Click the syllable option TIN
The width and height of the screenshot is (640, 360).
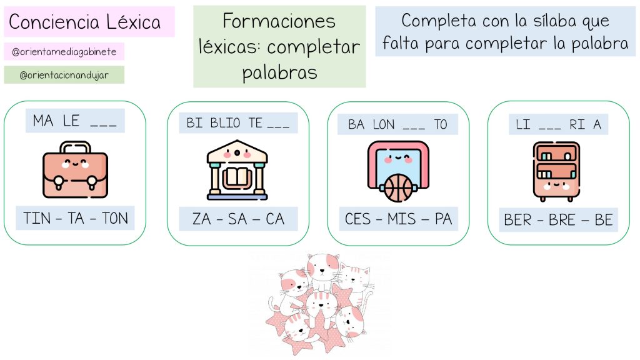point(37,218)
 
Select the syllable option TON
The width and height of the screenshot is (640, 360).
point(114,218)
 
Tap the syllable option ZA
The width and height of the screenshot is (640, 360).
point(202,219)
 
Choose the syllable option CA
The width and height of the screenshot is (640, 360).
point(275,219)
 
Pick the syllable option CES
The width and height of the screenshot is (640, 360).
point(358,219)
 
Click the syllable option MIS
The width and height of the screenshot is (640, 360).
point(401,219)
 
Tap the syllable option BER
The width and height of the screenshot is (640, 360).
point(517,220)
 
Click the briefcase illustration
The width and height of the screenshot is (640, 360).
point(75,169)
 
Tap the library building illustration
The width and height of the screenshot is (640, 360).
point(237,169)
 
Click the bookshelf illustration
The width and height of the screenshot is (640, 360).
point(557,171)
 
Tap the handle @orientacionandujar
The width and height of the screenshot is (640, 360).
point(64,75)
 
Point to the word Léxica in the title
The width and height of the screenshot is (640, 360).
point(133,22)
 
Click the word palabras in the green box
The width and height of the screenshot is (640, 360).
point(279,72)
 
